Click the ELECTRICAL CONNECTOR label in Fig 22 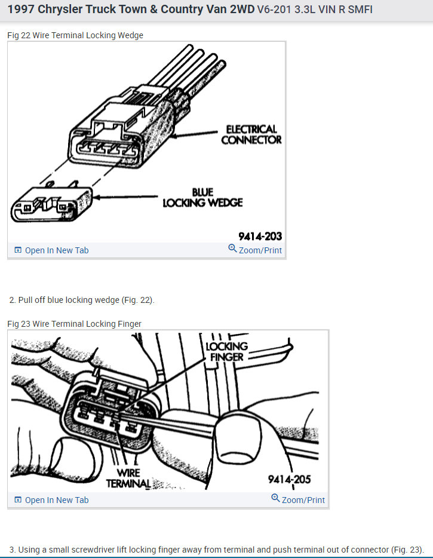pyautogui.click(x=251, y=134)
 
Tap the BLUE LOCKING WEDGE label pyautogui.click(x=202, y=197)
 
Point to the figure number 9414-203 pyautogui.click(x=260, y=236)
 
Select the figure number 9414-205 pyautogui.click(x=289, y=479)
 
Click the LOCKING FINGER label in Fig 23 pyautogui.click(x=226, y=352)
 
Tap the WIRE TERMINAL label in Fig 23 pyautogui.click(x=128, y=478)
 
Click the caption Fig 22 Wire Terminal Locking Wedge pyautogui.click(x=75, y=35)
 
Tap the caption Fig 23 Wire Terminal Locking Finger pyautogui.click(x=74, y=324)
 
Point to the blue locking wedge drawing pyautogui.click(x=51, y=203)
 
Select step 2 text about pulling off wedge pyautogui.click(x=82, y=300)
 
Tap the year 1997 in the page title pyautogui.click(x=21, y=10)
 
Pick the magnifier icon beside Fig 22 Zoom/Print pyautogui.click(x=232, y=249)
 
